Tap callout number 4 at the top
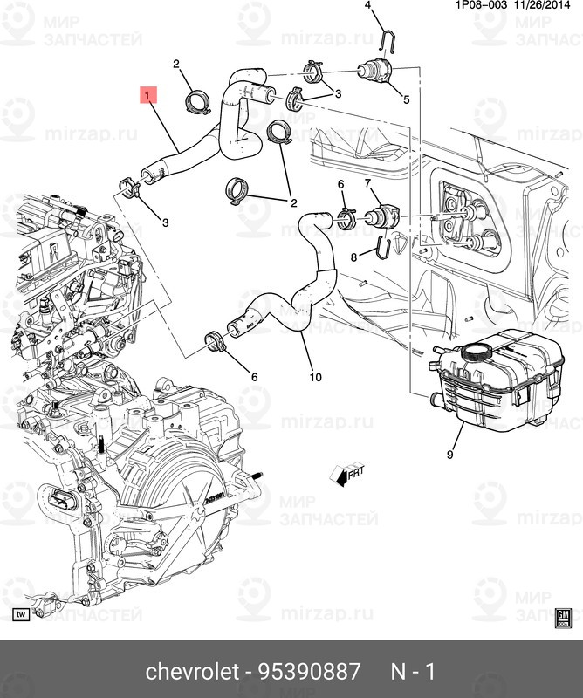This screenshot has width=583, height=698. (367, 6)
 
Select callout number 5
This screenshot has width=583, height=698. (406, 99)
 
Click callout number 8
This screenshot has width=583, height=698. (354, 257)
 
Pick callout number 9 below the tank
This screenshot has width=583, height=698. (450, 454)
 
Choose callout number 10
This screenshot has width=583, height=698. (315, 378)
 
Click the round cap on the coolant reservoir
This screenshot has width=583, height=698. (476, 352)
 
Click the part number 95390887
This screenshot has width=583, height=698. (309, 671)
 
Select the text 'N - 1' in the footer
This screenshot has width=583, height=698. (412, 671)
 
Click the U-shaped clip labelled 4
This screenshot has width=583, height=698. (388, 40)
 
